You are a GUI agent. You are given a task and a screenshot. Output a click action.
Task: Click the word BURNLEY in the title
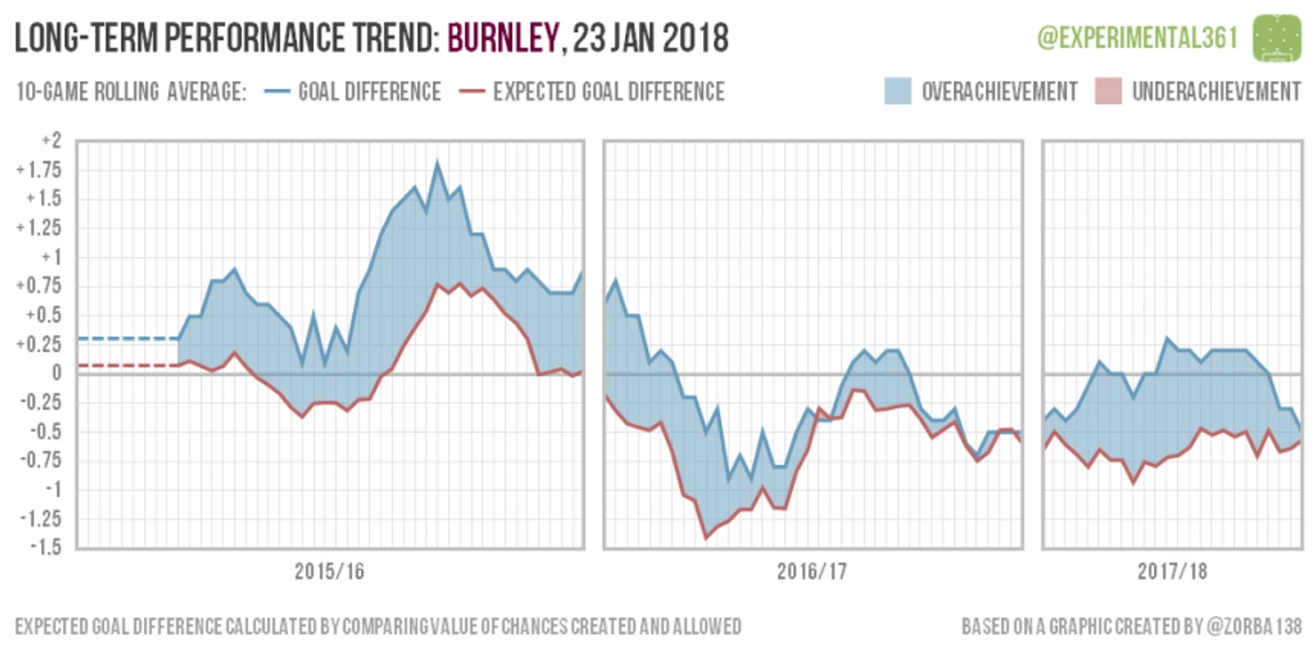[x=499, y=39]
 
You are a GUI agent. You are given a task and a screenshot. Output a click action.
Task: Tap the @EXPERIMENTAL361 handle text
[x=1138, y=38]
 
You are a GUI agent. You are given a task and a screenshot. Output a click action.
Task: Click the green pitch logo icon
[x=1277, y=37]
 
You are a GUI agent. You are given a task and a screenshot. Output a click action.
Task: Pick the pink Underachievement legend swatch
[x=1108, y=92]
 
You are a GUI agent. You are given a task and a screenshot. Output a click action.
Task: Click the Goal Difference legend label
[x=369, y=92]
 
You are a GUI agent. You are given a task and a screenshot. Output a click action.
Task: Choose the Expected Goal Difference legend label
[x=608, y=92]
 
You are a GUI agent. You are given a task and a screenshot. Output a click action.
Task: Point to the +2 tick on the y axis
[x=50, y=141]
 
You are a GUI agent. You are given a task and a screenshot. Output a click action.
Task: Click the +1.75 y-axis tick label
[x=40, y=171]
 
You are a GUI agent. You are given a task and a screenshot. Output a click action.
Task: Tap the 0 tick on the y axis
[x=56, y=373]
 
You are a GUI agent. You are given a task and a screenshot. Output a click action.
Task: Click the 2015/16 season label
[x=329, y=572]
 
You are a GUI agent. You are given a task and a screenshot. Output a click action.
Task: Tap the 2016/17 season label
[x=812, y=572]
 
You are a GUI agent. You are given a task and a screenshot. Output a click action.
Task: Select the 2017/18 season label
[x=1172, y=572]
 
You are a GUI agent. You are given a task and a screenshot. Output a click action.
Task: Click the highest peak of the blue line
[x=437, y=164]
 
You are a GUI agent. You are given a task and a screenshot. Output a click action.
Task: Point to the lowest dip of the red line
[x=706, y=538]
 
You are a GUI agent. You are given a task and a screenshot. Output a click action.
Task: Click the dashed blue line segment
[x=126, y=338]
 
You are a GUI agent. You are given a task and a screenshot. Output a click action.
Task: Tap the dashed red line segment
[x=126, y=365]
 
